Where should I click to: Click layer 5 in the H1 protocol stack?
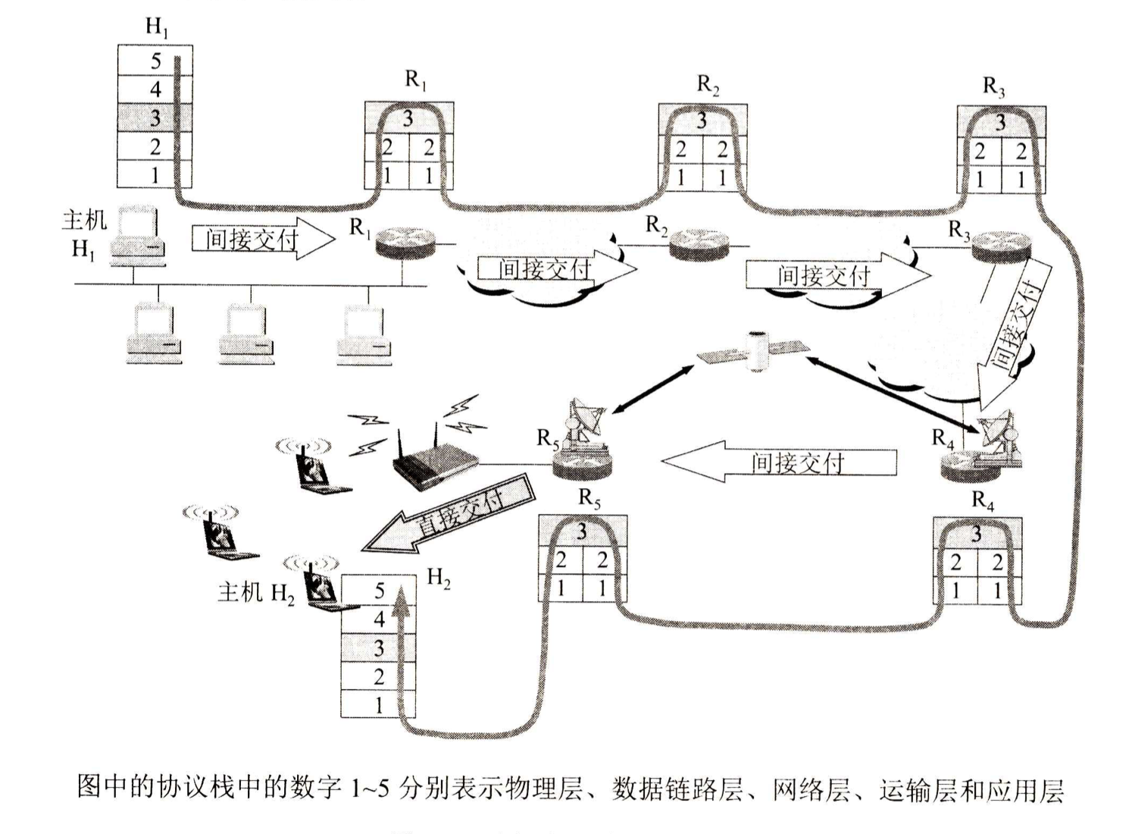click(x=155, y=61)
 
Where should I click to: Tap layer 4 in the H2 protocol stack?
click(x=379, y=619)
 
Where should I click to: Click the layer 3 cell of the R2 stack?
click(x=702, y=120)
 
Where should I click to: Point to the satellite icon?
click(x=753, y=350)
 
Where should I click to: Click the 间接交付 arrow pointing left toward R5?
click(x=780, y=462)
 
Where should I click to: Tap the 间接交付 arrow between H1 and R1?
click(x=261, y=240)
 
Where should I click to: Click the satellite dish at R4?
click(x=1000, y=432)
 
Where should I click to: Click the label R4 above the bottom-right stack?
click(x=983, y=500)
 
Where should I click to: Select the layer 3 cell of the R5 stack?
click(x=582, y=531)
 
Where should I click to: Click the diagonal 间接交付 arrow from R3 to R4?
click(x=1015, y=334)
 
